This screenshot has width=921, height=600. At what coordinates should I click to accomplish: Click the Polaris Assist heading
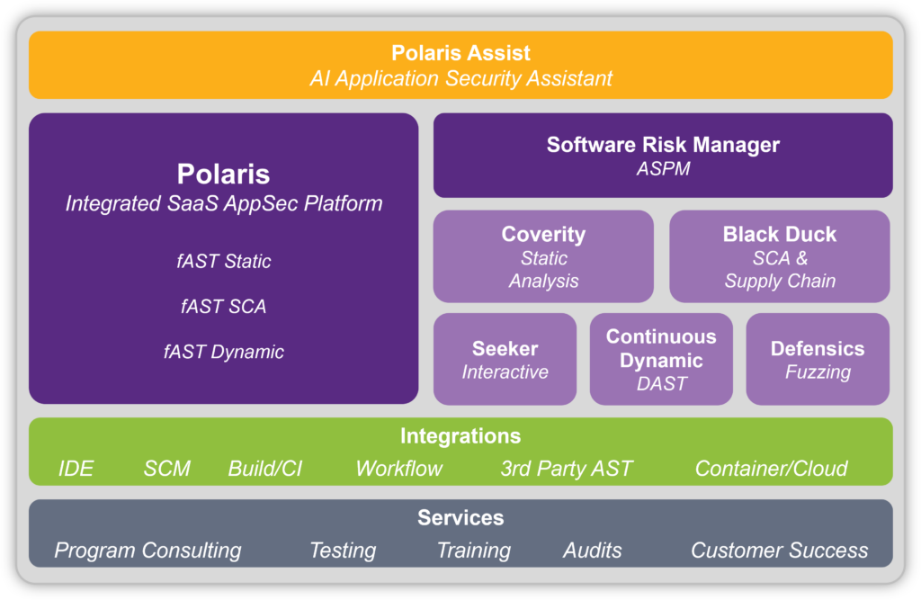click(x=460, y=53)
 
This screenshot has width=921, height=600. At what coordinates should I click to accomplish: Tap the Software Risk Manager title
click(x=663, y=144)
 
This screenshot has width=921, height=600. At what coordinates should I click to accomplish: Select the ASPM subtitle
click(x=663, y=168)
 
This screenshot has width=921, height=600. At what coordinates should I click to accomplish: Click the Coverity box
click(x=543, y=256)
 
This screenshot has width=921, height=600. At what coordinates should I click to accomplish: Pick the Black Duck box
click(x=779, y=256)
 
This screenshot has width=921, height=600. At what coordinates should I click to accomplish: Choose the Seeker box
click(x=505, y=359)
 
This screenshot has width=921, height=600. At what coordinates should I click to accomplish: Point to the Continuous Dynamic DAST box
click(x=661, y=359)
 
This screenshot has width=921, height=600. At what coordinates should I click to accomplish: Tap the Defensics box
click(x=818, y=359)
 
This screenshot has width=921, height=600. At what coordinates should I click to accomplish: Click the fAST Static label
click(x=224, y=262)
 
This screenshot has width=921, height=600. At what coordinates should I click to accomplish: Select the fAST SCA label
click(x=224, y=307)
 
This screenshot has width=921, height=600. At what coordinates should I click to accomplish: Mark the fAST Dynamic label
click(x=224, y=352)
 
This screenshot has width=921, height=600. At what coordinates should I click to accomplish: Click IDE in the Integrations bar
click(x=76, y=469)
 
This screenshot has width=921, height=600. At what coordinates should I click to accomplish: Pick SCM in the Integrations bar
click(x=166, y=469)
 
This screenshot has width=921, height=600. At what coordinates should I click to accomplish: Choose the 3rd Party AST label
click(x=567, y=469)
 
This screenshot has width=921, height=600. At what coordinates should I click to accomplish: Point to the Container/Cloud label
click(x=771, y=469)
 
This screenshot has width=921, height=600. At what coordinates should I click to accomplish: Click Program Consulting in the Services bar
click(x=148, y=551)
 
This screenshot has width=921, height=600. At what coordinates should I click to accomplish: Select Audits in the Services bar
click(x=592, y=551)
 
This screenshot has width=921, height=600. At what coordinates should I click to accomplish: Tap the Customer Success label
click(x=779, y=551)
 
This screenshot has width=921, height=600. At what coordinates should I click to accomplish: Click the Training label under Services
click(x=473, y=551)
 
